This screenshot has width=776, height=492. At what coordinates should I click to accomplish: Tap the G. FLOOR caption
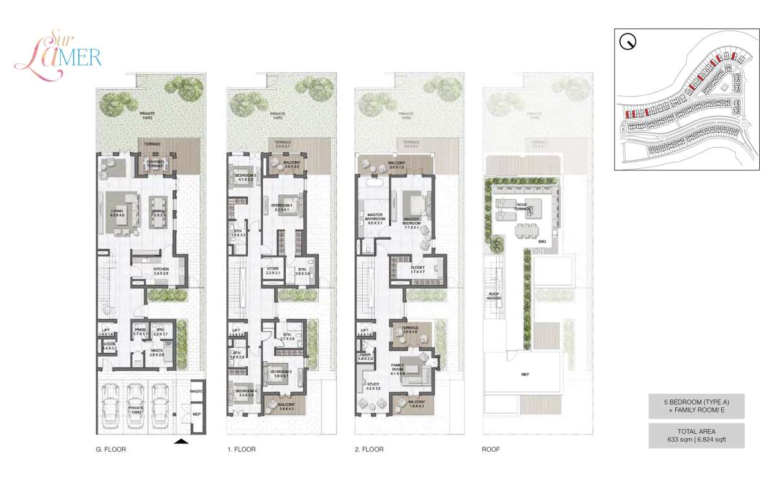click(110, 449)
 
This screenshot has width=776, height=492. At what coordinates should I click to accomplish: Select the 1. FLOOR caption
click(241, 449)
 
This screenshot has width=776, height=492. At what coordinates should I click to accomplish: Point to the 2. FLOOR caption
click(369, 449)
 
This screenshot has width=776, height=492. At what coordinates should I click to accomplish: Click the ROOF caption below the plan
click(491, 449)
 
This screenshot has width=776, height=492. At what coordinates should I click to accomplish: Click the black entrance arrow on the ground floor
click(182, 442)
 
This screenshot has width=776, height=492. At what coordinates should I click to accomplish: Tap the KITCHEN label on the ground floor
click(160, 271)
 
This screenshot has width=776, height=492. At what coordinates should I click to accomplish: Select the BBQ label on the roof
click(542, 241)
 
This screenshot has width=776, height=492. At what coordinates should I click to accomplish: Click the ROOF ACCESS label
click(495, 296)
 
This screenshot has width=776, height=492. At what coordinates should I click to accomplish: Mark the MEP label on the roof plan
click(525, 374)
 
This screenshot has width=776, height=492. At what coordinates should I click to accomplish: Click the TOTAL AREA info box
click(696, 435)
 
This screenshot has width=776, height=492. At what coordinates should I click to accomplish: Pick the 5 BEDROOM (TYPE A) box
click(696, 406)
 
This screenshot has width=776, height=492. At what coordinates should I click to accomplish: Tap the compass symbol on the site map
click(627, 42)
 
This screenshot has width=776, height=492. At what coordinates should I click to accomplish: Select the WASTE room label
click(197, 392)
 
